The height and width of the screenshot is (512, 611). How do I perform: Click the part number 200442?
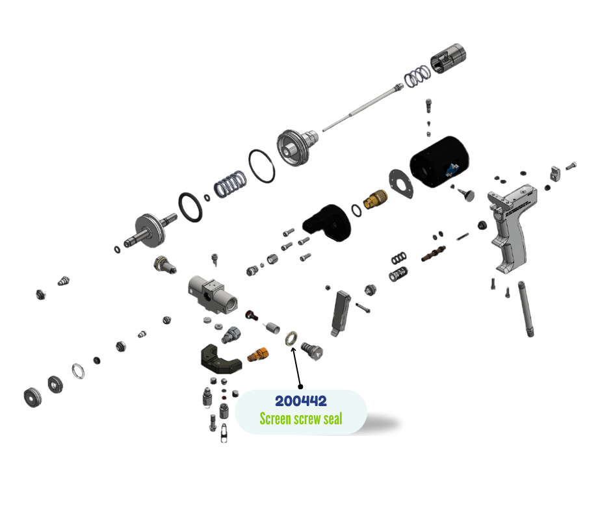tap(301, 401)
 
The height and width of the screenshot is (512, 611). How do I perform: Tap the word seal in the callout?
tap(333, 419)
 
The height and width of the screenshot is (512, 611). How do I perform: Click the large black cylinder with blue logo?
tap(439, 161)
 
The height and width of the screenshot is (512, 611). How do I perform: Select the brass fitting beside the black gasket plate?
tap(375, 199)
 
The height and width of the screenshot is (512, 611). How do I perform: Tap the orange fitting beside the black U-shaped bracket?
tap(257, 354)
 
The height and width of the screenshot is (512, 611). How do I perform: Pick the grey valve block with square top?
tap(213, 294)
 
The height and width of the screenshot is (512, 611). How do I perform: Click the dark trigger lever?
tap(340, 313)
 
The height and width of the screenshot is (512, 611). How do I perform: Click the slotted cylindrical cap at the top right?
tap(448, 58)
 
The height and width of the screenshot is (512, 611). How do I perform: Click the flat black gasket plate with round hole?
tap(401, 184)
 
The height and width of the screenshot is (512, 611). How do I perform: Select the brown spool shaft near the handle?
tap(434, 253)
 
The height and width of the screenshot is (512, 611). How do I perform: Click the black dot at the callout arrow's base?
tap(300, 387)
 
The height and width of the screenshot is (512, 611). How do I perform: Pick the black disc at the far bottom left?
tap(32, 398)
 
